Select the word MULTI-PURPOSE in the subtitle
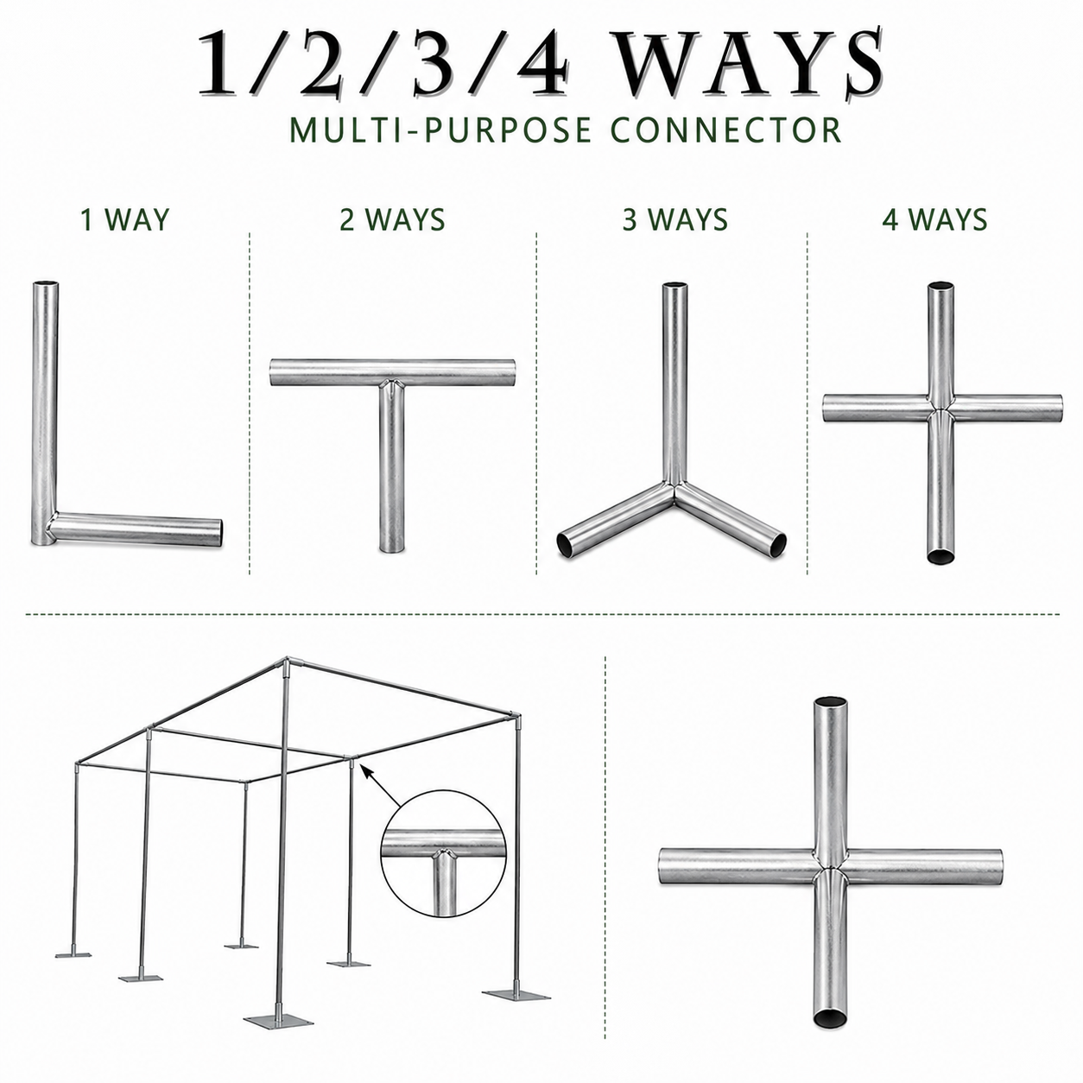point(440,130)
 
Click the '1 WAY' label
point(124,219)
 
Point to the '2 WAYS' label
point(392,219)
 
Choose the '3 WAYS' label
point(675,219)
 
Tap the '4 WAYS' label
point(934,219)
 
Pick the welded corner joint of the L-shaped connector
point(47,526)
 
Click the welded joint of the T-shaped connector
point(392,386)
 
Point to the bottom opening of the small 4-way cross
point(940,556)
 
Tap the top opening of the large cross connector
point(831,704)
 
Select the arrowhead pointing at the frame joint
point(366,771)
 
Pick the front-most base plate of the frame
point(278,1020)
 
